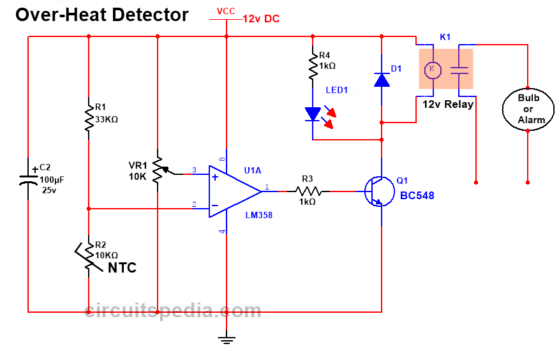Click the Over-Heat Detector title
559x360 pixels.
(x=102, y=15)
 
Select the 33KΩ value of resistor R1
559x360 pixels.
(x=106, y=119)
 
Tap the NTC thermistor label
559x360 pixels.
(x=122, y=267)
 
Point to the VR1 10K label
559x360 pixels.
(x=138, y=171)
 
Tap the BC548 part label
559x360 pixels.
(x=417, y=195)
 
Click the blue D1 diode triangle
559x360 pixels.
(x=381, y=80)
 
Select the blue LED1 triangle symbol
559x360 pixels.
(x=313, y=114)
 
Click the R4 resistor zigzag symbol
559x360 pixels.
(x=313, y=66)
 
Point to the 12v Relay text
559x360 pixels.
(x=448, y=104)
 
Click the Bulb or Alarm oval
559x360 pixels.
(x=528, y=109)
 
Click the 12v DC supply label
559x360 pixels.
(x=261, y=19)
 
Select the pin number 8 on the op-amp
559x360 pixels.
(x=222, y=158)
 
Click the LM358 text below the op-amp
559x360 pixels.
(x=259, y=215)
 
